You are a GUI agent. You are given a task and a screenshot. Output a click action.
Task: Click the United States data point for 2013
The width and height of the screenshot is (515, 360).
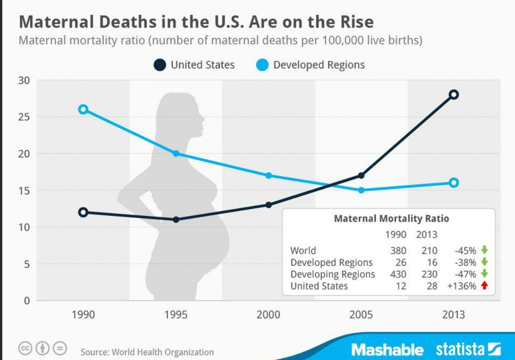click(x=453, y=94)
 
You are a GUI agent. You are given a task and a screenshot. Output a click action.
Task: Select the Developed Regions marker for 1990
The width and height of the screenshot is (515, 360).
click(x=83, y=109)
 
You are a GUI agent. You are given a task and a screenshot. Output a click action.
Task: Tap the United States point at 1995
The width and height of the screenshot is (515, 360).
click(x=176, y=220)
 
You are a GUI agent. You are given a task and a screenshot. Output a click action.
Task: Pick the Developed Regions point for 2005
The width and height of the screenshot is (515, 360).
click(x=361, y=190)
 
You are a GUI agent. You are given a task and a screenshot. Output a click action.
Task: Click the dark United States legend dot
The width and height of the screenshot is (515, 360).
click(x=160, y=65)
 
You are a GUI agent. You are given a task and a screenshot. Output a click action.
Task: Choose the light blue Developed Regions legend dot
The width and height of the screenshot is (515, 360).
click(x=262, y=65)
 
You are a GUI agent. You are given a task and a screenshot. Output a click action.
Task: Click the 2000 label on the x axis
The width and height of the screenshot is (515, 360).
click(x=268, y=315)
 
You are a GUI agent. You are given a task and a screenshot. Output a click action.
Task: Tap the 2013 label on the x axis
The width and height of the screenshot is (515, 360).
click(x=453, y=315)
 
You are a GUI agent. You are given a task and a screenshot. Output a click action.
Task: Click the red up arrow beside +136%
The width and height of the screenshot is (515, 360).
click(x=485, y=286)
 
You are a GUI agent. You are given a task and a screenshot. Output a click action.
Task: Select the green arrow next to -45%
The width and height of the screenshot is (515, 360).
click(x=485, y=250)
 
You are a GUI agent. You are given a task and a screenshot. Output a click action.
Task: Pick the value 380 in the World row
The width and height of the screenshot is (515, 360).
click(x=398, y=251)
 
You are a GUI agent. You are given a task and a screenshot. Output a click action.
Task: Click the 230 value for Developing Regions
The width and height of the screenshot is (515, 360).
click(x=429, y=274)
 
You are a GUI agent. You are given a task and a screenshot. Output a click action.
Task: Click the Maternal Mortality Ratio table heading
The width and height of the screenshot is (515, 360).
click(x=391, y=219)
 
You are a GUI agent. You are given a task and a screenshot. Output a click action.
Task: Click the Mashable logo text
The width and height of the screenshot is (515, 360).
click(x=387, y=349)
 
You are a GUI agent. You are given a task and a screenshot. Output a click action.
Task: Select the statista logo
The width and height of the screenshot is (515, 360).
click(x=468, y=349)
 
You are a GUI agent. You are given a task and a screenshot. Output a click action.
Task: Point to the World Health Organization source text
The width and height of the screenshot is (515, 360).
click(x=163, y=352)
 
